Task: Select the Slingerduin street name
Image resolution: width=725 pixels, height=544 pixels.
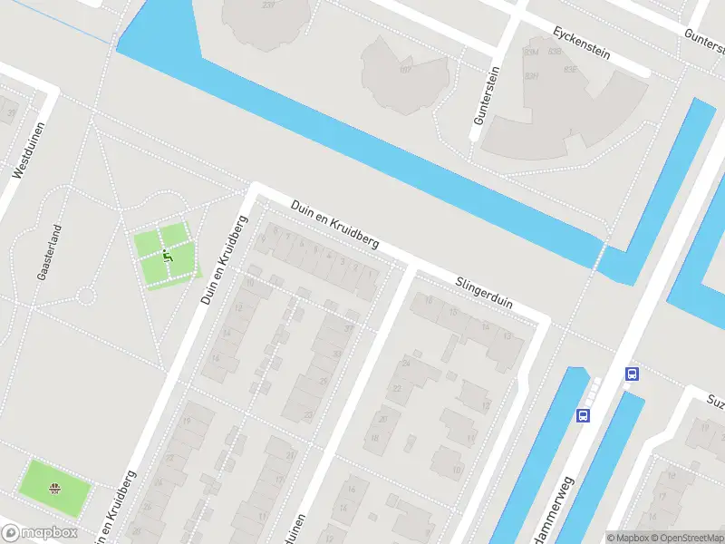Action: click(484, 292)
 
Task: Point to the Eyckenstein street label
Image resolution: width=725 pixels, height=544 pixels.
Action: click(581, 43)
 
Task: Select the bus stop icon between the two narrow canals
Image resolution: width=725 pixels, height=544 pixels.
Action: click(583, 415)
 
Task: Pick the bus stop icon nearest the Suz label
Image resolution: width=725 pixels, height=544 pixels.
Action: click(632, 374)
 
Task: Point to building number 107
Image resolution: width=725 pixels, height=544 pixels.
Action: click(405, 69)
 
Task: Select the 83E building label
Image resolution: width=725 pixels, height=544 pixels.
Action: click(570, 69)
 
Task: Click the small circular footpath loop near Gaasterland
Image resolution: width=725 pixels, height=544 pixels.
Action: click(86, 295)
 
